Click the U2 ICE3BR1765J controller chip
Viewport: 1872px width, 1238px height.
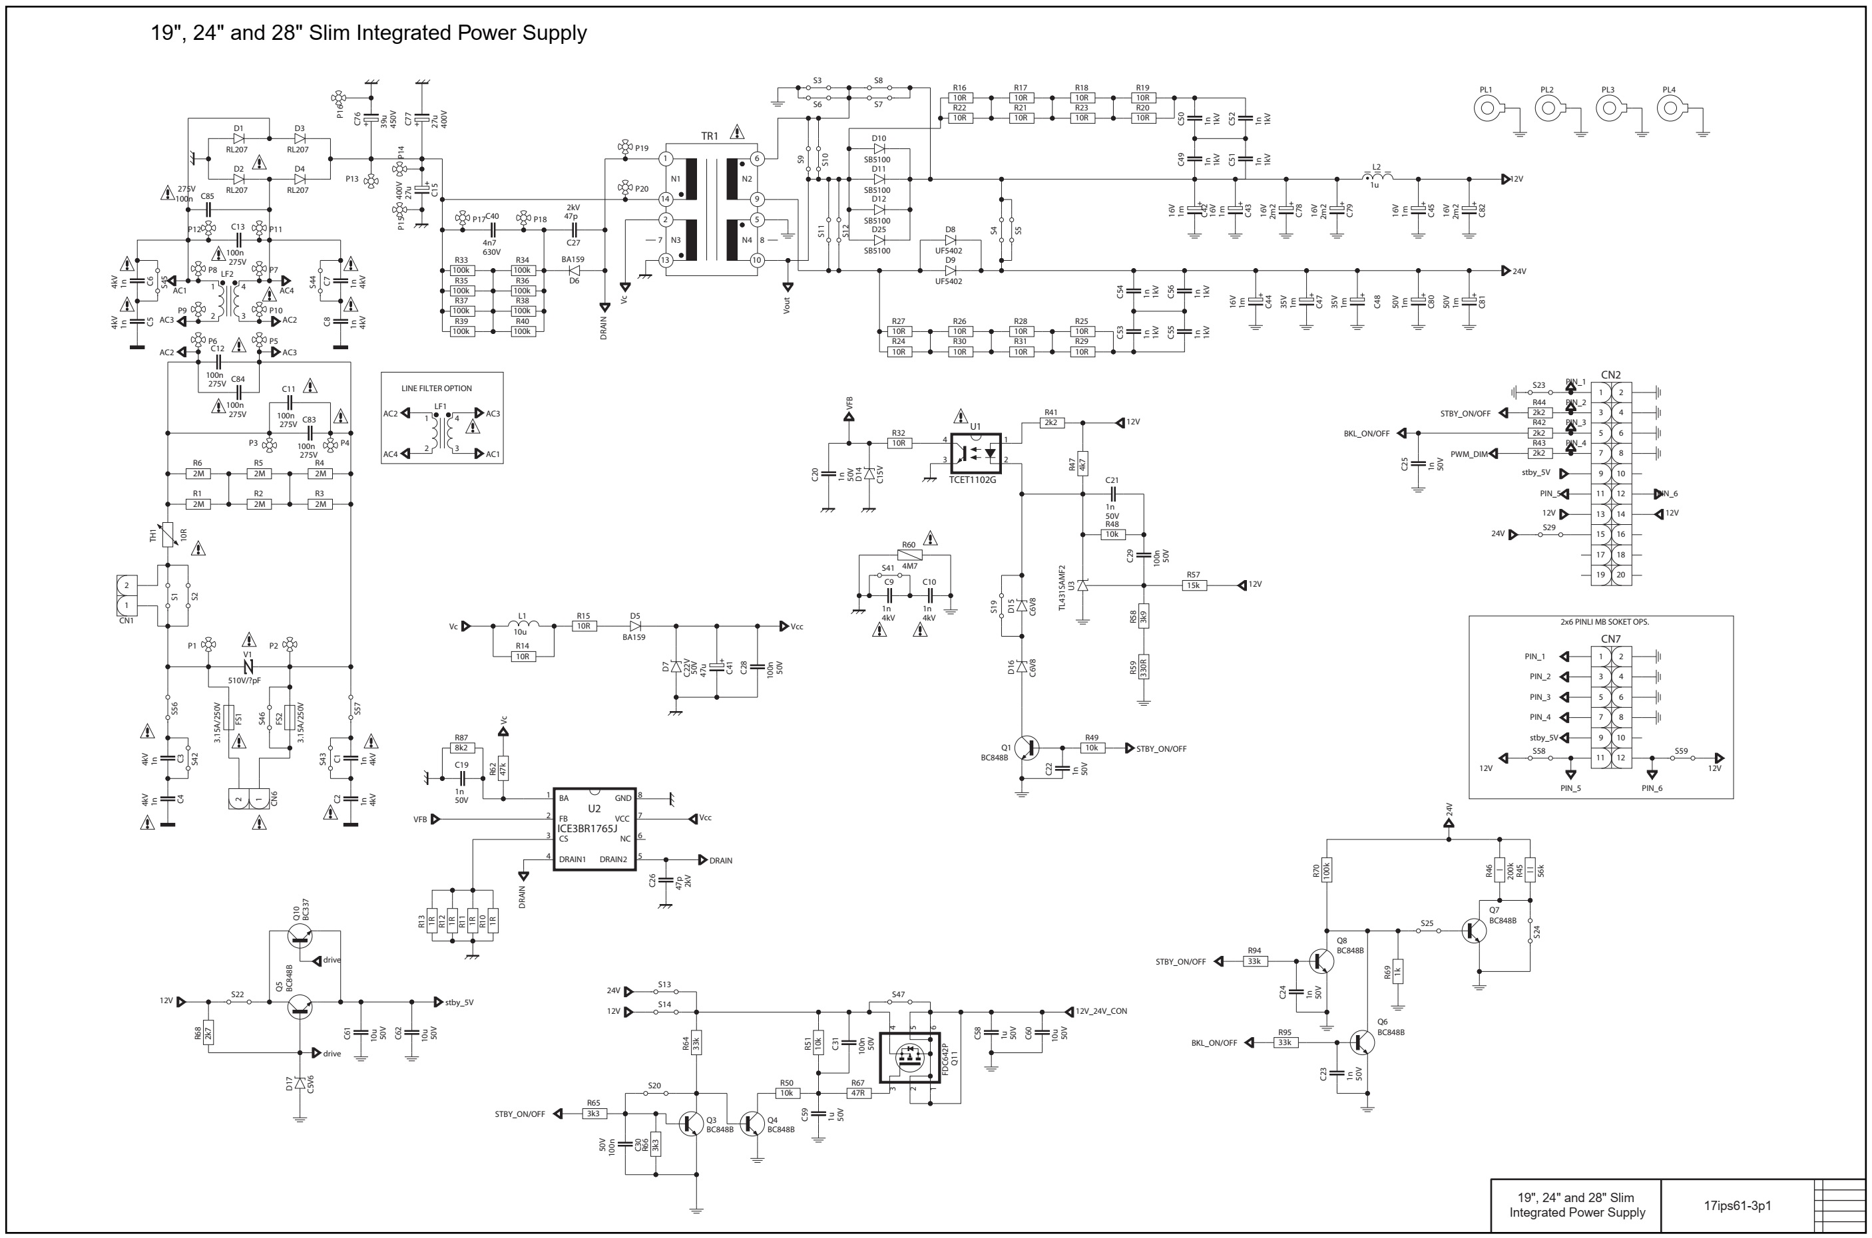pyautogui.click(x=594, y=829)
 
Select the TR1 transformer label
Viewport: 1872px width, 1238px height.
pyautogui.click(x=709, y=136)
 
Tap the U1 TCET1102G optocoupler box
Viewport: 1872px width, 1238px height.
pyautogui.click(x=975, y=452)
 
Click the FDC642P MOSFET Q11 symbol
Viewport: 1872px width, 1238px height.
pyautogui.click(x=909, y=1056)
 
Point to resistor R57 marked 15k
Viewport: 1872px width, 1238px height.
pyautogui.click(x=1193, y=585)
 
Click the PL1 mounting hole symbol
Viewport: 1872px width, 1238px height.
pyautogui.click(x=1487, y=108)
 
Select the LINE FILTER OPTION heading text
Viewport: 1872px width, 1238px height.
pyautogui.click(x=436, y=388)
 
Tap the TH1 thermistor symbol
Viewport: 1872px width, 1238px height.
pyautogui.click(x=168, y=535)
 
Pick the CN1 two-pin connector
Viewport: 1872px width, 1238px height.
pyautogui.click(x=126, y=595)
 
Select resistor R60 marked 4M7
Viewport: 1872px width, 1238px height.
pyautogui.click(x=909, y=555)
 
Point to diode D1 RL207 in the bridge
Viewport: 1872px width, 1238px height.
pyautogui.click(x=238, y=138)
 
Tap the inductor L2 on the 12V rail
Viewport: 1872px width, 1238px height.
pyautogui.click(x=1376, y=178)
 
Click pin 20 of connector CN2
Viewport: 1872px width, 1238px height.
pyautogui.click(x=1621, y=575)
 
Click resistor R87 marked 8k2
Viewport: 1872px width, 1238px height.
pyautogui.click(x=461, y=748)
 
